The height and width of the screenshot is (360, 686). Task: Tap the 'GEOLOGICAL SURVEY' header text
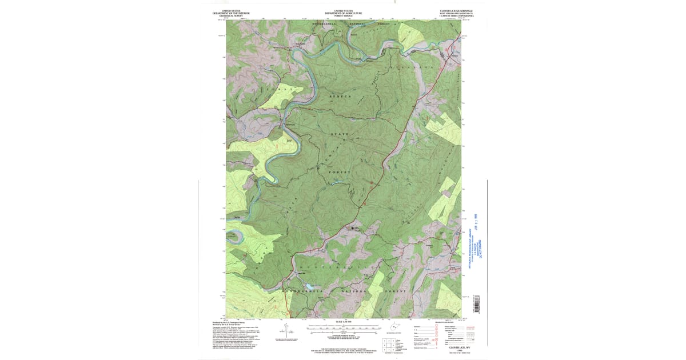pos(231,15)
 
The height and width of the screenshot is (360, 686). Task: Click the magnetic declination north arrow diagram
pos(284,330)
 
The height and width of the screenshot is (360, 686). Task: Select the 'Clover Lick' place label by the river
pos(289,125)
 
